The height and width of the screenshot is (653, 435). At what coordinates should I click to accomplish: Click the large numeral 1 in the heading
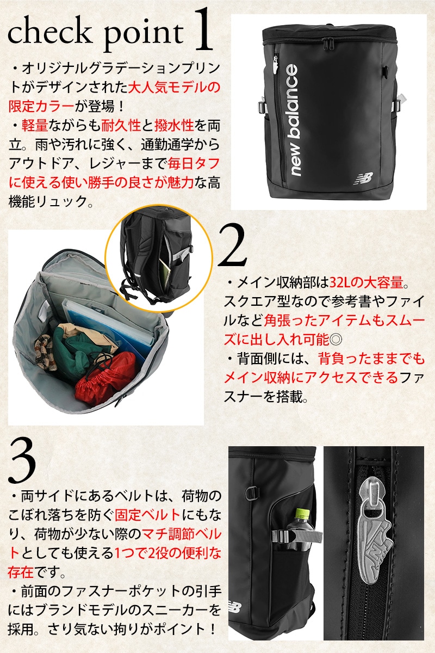[202, 30]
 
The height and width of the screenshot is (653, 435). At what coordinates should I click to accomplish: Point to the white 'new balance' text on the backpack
[292, 120]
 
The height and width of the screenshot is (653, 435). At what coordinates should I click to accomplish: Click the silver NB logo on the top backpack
[363, 178]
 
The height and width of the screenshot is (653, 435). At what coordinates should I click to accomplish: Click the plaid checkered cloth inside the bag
[45, 353]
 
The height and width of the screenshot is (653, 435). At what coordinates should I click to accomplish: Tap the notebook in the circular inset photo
[165, 273]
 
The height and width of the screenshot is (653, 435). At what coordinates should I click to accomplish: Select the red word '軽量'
[35, 125]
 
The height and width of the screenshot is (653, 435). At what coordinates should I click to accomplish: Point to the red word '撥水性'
[174, 125]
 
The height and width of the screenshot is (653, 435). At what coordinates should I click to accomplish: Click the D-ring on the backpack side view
[253, 492]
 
